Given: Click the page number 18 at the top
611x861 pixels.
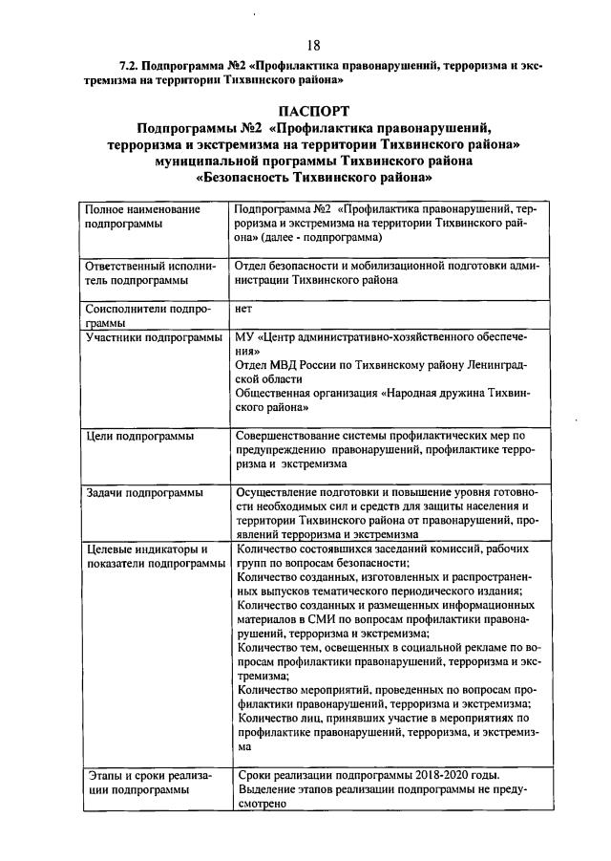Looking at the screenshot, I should tap(313, 46).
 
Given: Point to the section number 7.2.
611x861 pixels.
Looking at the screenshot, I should tap(129, 66).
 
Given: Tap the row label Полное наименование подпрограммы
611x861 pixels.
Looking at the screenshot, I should tap(142, 215).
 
